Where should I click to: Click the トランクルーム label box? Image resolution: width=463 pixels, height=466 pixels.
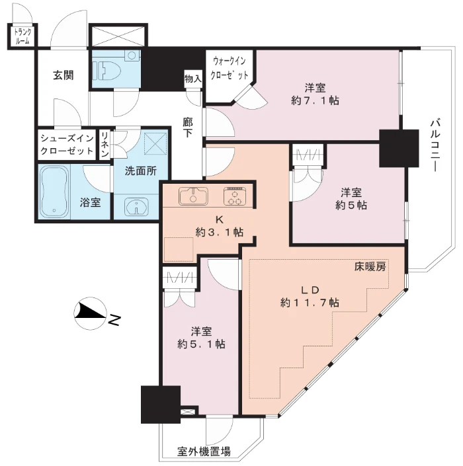click(x=22, y=36)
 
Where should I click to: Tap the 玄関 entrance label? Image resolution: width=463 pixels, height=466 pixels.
click(x=63, y=75)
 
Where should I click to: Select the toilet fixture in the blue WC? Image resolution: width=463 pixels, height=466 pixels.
click(x=106, y=71)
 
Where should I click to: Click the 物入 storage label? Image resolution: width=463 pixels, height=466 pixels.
click(x=192, y=79)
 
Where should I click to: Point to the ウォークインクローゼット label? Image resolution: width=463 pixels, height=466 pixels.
click(x=229, y=68)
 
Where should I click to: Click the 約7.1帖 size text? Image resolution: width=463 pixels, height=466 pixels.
click(x=315, y=100)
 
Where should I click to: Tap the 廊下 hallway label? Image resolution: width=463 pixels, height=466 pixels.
click(x=187, y=127)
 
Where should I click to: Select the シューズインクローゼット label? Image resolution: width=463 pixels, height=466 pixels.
click(x=67, y=145)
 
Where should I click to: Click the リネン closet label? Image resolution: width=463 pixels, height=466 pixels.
click(x=105, y=145)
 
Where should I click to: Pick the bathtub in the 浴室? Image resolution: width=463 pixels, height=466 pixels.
click(x=54, y=192)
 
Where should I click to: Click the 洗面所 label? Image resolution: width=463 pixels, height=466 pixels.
click(x=140, y=171)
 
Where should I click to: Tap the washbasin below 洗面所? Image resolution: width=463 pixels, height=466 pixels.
click(x=136, y=206)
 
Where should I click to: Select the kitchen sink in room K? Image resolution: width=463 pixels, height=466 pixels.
click(x=193, y=196)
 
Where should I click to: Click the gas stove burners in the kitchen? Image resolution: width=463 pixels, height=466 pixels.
click(x=235, y=196)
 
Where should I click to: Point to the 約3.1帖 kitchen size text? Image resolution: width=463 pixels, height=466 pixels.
click(x=220, y=232)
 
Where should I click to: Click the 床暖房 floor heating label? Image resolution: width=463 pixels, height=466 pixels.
click(x=370, y=266)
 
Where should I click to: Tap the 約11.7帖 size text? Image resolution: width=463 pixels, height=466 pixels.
click(x=310, y=303)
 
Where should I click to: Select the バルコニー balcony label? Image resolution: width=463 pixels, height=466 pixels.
click(x=435, y=145)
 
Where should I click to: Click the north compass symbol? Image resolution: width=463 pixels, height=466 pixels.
click(x=91, y=313)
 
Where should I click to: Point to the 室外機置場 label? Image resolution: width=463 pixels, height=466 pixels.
click(x=204, y=451)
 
